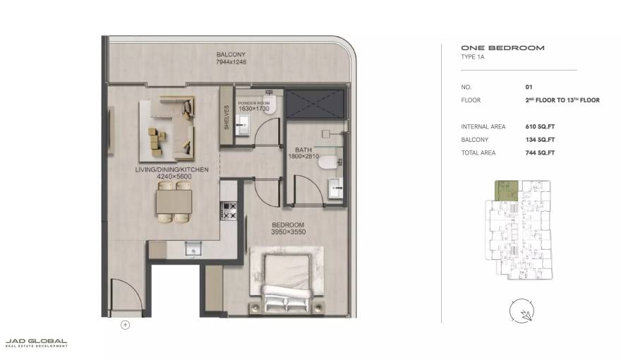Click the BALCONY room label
pos(231,55)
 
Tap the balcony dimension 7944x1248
pos(231,62)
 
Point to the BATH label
pos(303,150)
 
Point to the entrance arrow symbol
pos(126,325)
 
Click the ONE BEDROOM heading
pos(502,48)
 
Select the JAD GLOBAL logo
pos(36,342)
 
